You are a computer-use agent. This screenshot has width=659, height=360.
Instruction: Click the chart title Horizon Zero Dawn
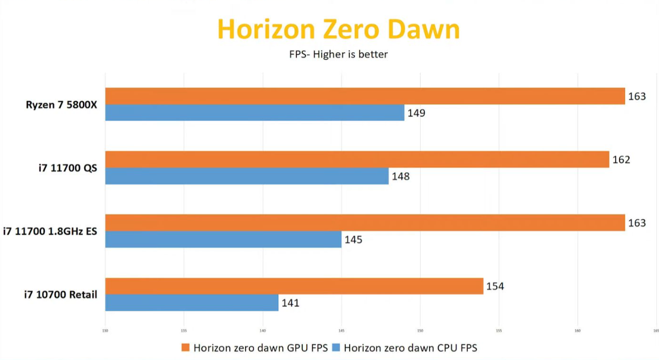coord(338,30)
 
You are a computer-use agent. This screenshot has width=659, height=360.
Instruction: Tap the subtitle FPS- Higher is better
coord(338,54)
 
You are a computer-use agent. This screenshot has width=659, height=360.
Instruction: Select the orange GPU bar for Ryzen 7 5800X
coord(365,96)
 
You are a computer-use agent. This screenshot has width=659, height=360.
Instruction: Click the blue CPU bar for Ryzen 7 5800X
coord(255,113)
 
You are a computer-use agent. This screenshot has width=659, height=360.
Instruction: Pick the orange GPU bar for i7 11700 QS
coord(357,159)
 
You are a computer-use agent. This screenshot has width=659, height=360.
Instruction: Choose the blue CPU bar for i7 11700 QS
coord(247,176)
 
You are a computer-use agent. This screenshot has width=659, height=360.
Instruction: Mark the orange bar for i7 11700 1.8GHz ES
coord(365,222)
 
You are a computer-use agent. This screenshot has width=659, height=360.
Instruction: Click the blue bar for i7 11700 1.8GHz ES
coord(223,239)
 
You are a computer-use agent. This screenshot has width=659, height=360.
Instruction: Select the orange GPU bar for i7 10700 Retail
coord(294,286)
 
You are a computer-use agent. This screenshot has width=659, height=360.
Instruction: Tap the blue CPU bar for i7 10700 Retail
coord(192,303)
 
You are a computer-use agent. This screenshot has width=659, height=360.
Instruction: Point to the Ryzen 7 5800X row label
coord(61,104)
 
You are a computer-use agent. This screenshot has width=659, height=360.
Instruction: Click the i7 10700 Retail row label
coord(60,295)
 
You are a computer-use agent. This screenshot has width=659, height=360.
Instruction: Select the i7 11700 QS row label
coord(67,168)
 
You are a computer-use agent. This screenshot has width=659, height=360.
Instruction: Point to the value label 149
coord(416,113)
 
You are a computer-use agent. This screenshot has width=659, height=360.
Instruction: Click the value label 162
coord(621,160)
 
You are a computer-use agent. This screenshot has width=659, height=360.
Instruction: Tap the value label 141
coord(290,303)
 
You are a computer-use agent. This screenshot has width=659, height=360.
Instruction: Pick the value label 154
coord(495,286)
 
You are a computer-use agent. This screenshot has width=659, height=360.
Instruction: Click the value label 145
coord(353,240)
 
